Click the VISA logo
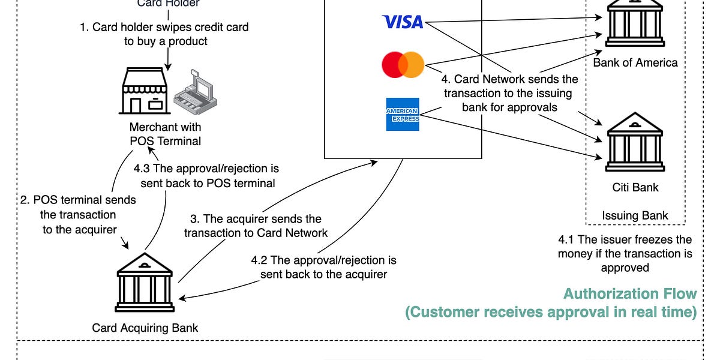point(403,22)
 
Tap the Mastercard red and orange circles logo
point(403,65)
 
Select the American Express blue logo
point(403,114)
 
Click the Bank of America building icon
point(635,24)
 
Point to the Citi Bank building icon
point(635,142)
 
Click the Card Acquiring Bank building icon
point(145,284)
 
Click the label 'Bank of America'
point(635,62)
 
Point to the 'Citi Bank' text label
point(635,187)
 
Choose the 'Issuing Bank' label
point(635,215)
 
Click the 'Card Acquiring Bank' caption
point(145,328)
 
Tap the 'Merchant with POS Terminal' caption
point(165,134)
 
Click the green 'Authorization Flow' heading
point(630,294)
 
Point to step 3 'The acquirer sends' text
point(256,226)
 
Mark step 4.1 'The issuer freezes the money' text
point(625,254)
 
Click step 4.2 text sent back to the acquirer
point(323,268)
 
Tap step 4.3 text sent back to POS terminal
point(207,176)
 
